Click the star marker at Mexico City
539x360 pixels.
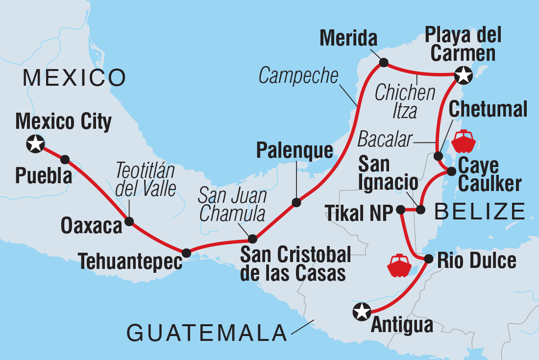pos(36,144)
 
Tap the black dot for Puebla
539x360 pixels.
pos(65,159)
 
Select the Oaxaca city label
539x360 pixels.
pos(91,226)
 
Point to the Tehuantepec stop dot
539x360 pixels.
pos(186,253)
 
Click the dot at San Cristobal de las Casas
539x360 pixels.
pos(252,239)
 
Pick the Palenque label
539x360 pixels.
pos(294,151)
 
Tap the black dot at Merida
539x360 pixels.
pos(384,62)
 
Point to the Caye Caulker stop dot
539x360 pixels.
pos(451,171)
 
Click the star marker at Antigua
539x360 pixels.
pos(362,311)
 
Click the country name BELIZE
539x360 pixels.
pos(479,212)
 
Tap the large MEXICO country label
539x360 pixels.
pos(74,77)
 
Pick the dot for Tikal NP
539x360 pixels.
pos(400,210)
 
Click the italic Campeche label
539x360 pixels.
pos(298,75)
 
